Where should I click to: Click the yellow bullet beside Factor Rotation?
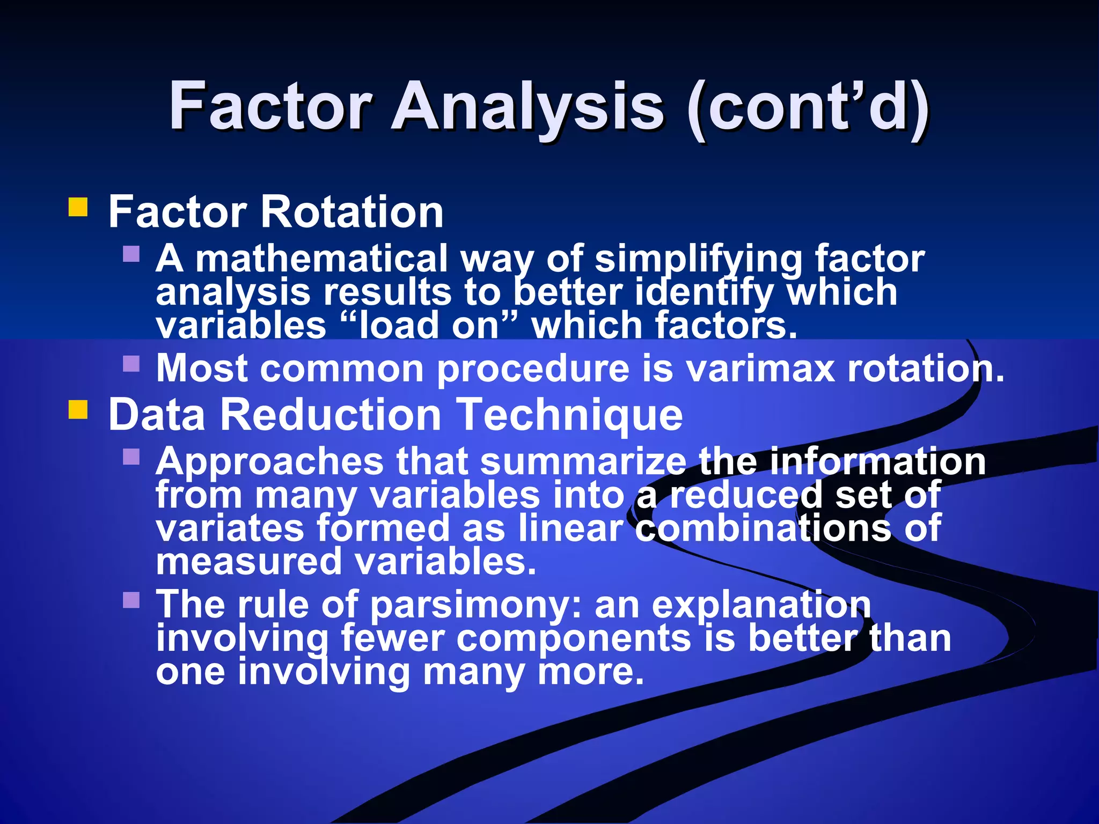point(78,207)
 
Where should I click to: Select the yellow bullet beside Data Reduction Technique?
point(78,410)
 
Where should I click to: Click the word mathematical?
point(321,259)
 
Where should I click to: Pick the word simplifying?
point(698,260)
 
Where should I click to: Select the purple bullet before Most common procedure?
point(131,364)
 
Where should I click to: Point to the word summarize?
point(583,461)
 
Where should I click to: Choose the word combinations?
point(762,528)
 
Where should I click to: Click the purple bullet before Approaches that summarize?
point(131,457)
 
